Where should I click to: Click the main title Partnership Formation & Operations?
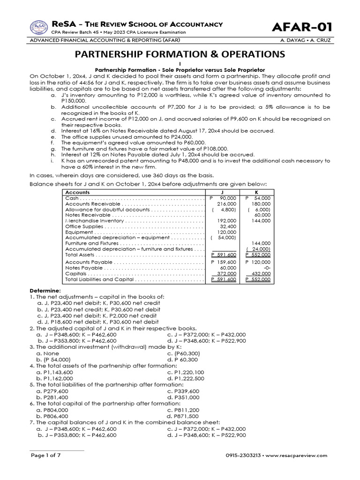180,54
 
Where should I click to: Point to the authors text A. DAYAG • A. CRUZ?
307,40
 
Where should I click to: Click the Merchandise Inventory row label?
95,221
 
